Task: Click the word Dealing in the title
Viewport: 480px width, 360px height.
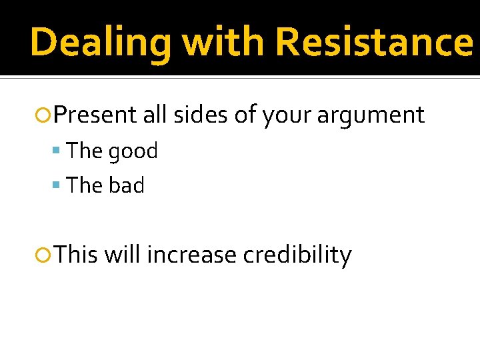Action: (99, 43)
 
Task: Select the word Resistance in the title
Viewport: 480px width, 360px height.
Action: (374, 43)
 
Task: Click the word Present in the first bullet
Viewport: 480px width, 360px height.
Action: (95, 115)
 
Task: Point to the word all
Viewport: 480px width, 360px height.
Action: (155, 115)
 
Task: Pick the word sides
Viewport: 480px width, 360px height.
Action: (201, 115)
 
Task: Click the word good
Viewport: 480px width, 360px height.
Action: (133, 152)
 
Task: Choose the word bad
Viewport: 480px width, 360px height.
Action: (126, 185)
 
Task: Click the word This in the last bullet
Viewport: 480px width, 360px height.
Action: (76, 255)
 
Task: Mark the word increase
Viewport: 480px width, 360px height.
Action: (191, 255)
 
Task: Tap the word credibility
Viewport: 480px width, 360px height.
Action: (297, 255)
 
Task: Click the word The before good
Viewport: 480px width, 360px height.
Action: (85, 151)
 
